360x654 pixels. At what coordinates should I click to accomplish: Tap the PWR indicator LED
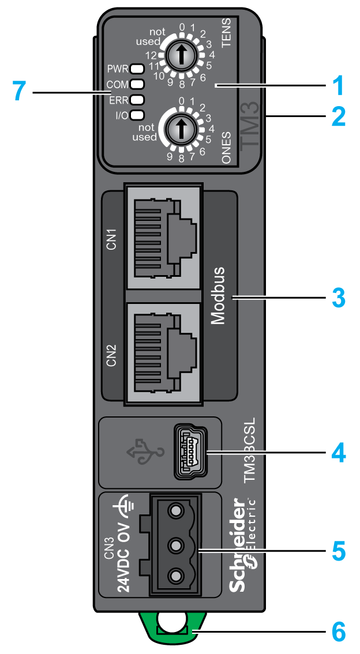coord(137,69)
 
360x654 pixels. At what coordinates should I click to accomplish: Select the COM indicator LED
coord(137,84)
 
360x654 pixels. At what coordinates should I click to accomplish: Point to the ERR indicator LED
coord(137,99)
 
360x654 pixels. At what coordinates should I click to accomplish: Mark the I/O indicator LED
coord(137,114)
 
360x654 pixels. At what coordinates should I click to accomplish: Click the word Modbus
coord(217,296)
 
